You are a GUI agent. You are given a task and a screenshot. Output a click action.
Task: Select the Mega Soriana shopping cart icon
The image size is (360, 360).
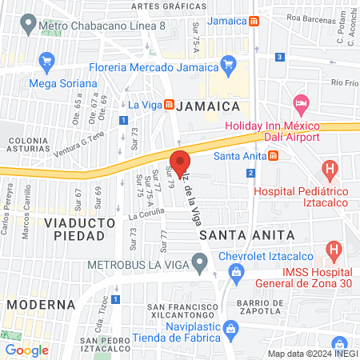pos(46,61)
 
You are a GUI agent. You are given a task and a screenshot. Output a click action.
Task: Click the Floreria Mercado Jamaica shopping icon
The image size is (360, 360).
pos(229,61)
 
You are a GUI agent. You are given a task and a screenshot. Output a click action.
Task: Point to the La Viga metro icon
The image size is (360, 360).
pos(169,104)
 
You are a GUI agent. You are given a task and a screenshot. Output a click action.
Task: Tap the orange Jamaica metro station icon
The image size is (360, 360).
pos(254,22)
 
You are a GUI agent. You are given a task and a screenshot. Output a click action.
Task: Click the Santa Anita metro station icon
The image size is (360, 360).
pos(274,155)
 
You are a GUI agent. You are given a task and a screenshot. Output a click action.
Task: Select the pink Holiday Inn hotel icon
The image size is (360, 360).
pos(301,103)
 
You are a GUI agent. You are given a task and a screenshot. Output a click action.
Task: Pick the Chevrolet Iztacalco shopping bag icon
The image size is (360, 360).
pos(237,274)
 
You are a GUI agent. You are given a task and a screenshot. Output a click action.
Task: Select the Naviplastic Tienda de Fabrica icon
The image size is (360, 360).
pos(230,328)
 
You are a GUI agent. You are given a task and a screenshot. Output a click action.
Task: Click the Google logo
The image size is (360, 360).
pos(26,350)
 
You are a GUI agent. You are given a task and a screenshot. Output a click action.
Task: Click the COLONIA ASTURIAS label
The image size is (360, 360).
pos(28,145)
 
